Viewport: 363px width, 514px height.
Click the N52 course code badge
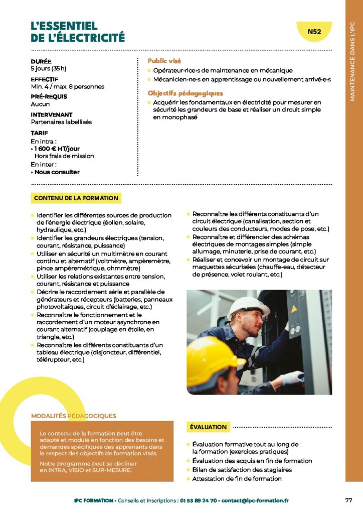click(314, 32)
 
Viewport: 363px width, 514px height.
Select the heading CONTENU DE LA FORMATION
click(76, 198)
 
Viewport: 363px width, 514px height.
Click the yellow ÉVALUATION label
click(208, 427)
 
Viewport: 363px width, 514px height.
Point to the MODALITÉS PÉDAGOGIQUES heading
click(73, 416)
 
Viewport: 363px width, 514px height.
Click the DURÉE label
click(41, 61)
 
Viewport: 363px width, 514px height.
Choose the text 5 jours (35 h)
click(48, 68)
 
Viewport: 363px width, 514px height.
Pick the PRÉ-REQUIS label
click(49, 97)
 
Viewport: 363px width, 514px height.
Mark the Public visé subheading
click(164, 61)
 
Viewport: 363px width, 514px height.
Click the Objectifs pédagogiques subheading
click(185, 93)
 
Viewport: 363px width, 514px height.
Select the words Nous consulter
click(57, 172)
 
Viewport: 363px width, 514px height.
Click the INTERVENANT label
click(52, 115)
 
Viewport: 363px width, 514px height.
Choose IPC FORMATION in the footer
click(93, 500)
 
